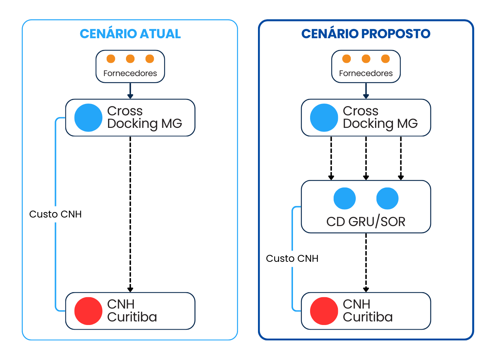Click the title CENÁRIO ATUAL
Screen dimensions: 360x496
pos(130,34)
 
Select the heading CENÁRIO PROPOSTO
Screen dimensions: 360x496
pos(366,34)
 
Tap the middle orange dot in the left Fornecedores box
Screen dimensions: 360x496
pos(130,59)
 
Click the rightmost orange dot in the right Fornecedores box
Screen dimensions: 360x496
pos(385,59)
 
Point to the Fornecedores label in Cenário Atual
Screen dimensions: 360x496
pos(130,73)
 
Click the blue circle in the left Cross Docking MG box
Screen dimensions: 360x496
pos(88,117)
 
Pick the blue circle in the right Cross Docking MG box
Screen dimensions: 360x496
pos(324,117)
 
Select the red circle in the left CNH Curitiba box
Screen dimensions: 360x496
pos(88,311)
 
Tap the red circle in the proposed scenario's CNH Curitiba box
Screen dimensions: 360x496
pos(324,311)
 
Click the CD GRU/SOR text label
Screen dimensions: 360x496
pos(366,222)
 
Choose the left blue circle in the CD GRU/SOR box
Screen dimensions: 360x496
pos(345,198)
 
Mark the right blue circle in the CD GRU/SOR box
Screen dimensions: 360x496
pos(388,198)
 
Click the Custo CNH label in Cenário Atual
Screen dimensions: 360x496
pos(56,214)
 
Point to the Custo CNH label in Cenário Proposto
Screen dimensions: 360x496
pos(292,259)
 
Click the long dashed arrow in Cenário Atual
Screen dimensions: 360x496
pos(130,214)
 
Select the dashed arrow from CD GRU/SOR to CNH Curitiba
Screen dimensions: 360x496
pos(366,262)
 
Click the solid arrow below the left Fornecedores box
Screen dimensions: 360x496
pos(130,91)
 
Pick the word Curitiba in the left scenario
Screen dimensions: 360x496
pos(132,317)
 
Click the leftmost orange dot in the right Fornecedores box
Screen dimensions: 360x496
pos(346,59)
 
